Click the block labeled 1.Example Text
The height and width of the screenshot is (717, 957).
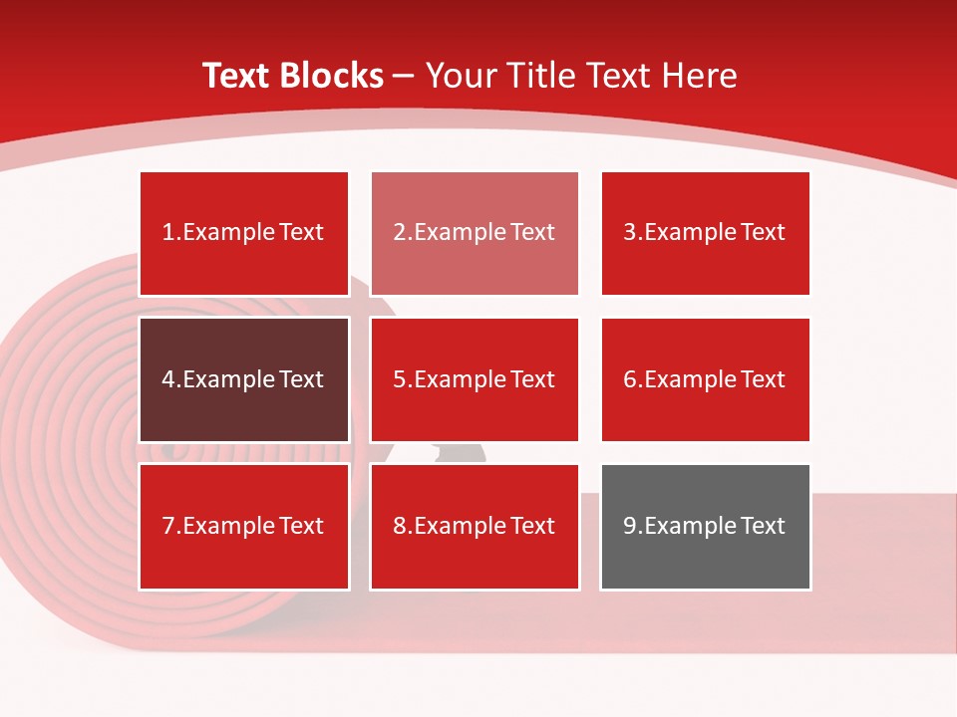coord(244,233)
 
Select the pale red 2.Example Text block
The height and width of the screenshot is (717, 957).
coord(475,233)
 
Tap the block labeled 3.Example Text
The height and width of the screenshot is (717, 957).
coord(705,233)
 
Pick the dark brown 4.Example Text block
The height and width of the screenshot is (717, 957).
coord(244,379)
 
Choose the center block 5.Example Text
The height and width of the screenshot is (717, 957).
coord(475,379)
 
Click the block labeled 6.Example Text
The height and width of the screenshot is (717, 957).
coord(705,379)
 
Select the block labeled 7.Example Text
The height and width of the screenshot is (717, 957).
coord(244,526)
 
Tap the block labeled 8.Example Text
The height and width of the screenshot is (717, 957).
coord(475,526)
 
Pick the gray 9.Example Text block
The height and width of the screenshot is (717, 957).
coord(705,526)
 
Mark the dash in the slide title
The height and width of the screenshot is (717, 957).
coord(404,76)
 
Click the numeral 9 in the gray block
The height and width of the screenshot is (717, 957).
coord(630,526)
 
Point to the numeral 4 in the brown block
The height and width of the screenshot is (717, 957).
coord(168,379)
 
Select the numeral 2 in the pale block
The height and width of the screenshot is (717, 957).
coord(399,233)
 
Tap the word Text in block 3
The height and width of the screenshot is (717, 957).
coord(764,233)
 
